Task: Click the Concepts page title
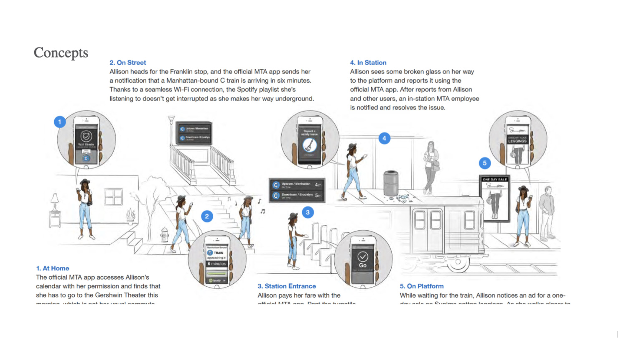click(x=61, y=53)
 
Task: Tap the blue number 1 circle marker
click(x=60, y=122)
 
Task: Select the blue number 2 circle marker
click(x=207, y=216)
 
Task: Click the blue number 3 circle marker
click(x=308, y=212)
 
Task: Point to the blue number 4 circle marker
click(x=384, y=138)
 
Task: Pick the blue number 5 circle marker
click(x=485, y=163)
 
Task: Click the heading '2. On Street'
click(x=128, y=63)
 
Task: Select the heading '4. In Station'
click(x=368, y=63)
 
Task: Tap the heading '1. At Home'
click(x=52, y=268)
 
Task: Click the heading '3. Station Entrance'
click(x=287, y=286)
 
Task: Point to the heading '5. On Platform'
click(x=422, y=286)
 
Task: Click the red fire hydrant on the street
click(x=164, y=234)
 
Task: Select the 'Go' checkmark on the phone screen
click(x=363, y=257)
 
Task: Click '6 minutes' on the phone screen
click(x=216, y=264)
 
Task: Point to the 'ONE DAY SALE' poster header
click(x=495, y=179)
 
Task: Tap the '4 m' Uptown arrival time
click(x=318, y=185)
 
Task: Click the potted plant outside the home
click(x=131, y=217)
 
